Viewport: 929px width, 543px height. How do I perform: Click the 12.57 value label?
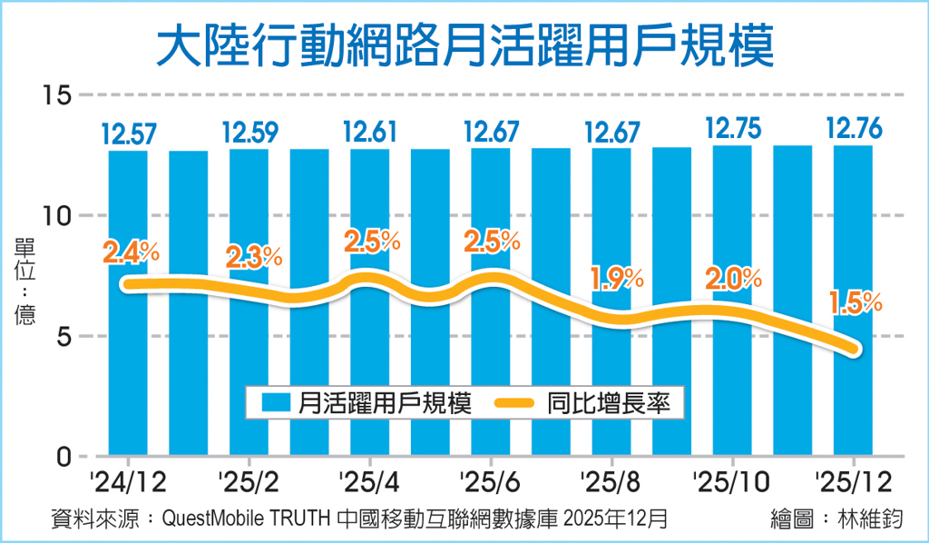pyautogui.click(x=128, y=134)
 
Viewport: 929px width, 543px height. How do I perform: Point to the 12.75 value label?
pyautogui.click(x=732, y=129)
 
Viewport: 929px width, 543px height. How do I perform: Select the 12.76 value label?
pyautogui.click(x=853, y=129)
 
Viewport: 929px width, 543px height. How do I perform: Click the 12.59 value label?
pyautogui.click(x=249, y=134)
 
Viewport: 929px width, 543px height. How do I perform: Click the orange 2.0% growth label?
pyautogui.click(x=734, y=278)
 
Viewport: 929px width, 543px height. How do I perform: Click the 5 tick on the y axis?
pyautogui.click(x=60, y=336)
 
